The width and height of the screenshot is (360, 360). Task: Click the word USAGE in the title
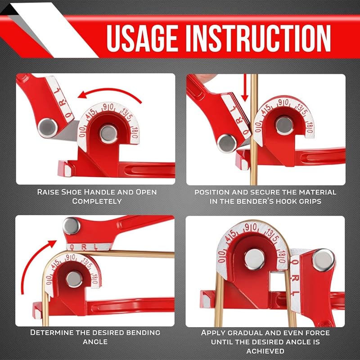coord(142,38)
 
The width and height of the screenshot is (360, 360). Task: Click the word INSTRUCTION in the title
coord(258,38)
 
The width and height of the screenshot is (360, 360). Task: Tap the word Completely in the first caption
coord(97,201)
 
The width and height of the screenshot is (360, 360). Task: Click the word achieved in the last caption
coord(265,351)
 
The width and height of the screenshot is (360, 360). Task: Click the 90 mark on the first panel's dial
coord(108,107)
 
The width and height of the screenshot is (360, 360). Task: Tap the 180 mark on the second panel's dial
coord(309,127)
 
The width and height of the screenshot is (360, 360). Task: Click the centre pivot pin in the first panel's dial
coord(109,133)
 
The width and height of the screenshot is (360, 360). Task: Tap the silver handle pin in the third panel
coord(72,226)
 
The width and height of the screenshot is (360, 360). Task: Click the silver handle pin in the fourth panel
coord(323,260)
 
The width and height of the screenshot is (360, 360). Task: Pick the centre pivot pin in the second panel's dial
coord(284,126)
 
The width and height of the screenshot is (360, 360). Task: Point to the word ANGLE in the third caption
coord(95,342)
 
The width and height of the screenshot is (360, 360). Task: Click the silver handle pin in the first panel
coord(48,128)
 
